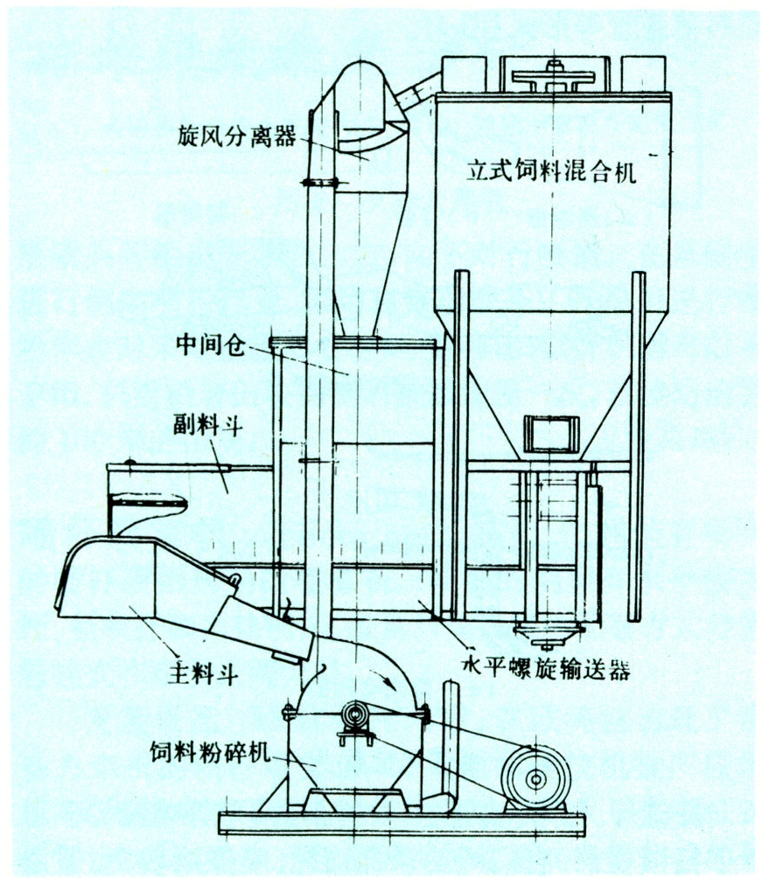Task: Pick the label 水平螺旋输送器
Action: tap(546, 672)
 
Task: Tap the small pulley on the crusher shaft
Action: tap(355, 716)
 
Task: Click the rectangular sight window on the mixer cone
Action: tap(551, 436)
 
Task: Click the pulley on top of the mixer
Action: tap(554, 77)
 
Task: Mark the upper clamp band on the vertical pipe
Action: tap(320, 183)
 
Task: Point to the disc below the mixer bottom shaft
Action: tap(549, 630)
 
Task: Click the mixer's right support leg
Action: tap(638, 446)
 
